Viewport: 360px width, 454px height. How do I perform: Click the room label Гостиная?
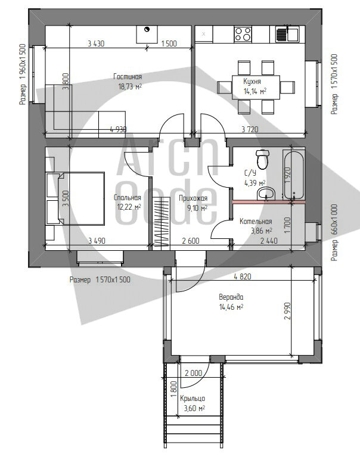pos(128,77)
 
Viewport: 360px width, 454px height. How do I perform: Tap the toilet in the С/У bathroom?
pos(263,159)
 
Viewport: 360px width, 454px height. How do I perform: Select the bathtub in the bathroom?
pos(294,175)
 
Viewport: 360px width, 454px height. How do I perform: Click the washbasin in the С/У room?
pos(266,194)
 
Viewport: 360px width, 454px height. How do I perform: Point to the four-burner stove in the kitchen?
pos(243,34)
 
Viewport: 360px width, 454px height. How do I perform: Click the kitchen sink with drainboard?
pos(287,34)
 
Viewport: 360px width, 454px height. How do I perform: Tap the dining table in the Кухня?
pos(256,87)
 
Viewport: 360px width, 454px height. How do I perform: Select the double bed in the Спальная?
pos(75,198)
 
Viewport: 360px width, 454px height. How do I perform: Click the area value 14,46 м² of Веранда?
pos(231,307)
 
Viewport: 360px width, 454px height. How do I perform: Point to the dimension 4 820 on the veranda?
pos(243,276)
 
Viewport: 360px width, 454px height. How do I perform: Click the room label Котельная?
pos(256,222)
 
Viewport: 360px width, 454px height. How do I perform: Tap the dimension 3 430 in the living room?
pos(96,43)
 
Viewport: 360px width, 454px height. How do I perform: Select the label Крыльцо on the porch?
pos(193,399)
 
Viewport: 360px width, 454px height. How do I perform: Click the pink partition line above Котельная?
pos(268,202)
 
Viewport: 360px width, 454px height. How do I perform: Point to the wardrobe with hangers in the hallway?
pos(161,222)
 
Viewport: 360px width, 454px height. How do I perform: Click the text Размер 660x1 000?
pos(334,233)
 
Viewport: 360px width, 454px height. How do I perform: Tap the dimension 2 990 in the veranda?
pos(287,311)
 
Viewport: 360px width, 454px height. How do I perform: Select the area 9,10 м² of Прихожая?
pos(197,208)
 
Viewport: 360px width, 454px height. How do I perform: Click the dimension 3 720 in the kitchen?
pos(250,129)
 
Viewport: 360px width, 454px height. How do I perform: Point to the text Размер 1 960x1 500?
pos(23,74)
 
